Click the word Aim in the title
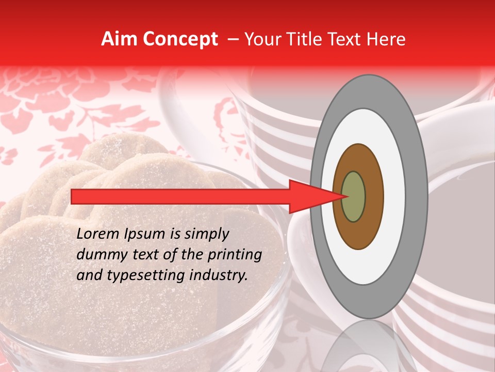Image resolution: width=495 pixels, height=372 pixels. point(120,39)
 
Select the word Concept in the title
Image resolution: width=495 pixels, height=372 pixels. point(180,39)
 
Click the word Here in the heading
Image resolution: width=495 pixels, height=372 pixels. point(386,39)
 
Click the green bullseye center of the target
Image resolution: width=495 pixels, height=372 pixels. point(353,196)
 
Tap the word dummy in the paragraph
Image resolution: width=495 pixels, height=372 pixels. point(98,255)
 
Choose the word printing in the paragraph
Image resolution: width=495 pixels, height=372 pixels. point(235,255)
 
